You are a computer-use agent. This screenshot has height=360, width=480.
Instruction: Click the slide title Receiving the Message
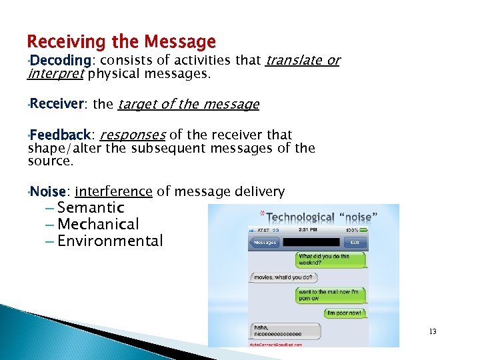click(121, 42)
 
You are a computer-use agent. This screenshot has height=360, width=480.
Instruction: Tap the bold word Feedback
click(59, 135)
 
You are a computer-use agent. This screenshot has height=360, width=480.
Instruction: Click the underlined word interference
click(114, 192)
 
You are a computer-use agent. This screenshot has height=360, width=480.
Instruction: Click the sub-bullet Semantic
click(91, 208)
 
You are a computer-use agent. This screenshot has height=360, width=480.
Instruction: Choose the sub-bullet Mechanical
click(98, 225)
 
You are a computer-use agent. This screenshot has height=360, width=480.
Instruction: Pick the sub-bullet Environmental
click(110, 241)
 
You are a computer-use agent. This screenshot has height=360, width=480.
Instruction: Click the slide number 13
click(433, 331)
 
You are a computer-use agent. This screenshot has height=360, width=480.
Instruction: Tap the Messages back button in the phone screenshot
click(265, 242)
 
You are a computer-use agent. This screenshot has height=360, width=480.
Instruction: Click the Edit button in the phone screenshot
click(355, 242)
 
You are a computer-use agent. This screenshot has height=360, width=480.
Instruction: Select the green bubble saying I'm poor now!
click(343, 312)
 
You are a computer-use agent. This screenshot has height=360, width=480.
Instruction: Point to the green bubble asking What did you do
click(331, 259)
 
